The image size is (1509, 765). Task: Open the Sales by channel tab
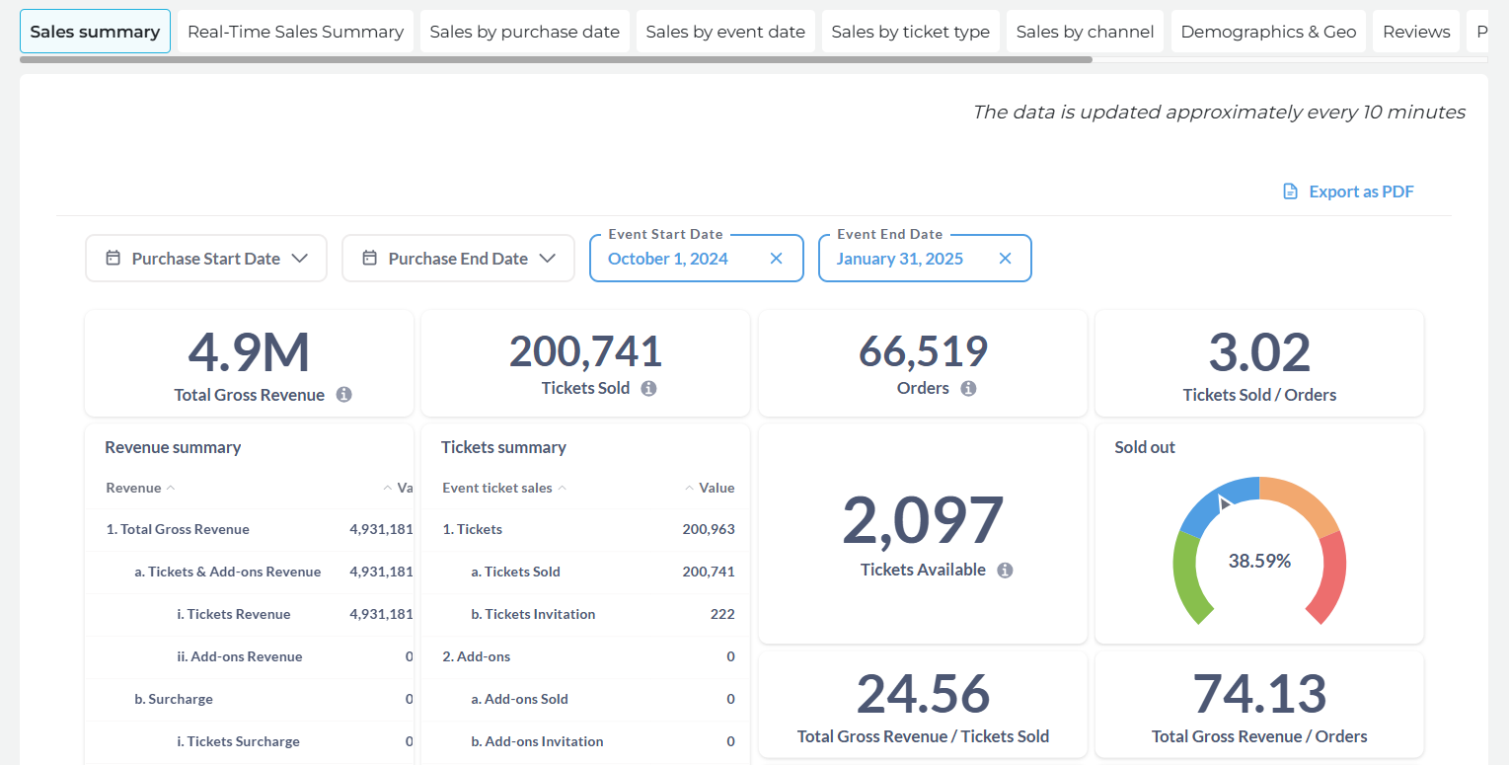(1085, 32)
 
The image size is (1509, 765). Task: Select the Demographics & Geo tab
(1268, 32)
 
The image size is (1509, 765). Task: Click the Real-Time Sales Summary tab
(295, 32)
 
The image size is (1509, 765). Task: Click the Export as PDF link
(1348, 191)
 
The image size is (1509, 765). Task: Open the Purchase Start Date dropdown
(206, 259)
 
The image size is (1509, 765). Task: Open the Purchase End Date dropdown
(458, 259)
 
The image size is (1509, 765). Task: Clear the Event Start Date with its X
(776, 259)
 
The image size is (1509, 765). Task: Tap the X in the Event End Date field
(1005, 259)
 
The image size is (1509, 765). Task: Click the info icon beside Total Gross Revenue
(343, 394)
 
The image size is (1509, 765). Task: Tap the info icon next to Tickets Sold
(648, 388)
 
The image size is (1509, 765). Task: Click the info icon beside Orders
(968, 388)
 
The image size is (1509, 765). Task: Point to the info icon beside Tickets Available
(1005, 571)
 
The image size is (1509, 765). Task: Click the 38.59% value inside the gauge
(1259, 561)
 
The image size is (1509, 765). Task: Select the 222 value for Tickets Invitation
(722, 614)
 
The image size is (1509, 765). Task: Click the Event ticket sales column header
(497, 488)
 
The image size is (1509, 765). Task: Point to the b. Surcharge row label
(174, 699)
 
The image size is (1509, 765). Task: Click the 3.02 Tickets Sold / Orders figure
(1259, 352)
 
